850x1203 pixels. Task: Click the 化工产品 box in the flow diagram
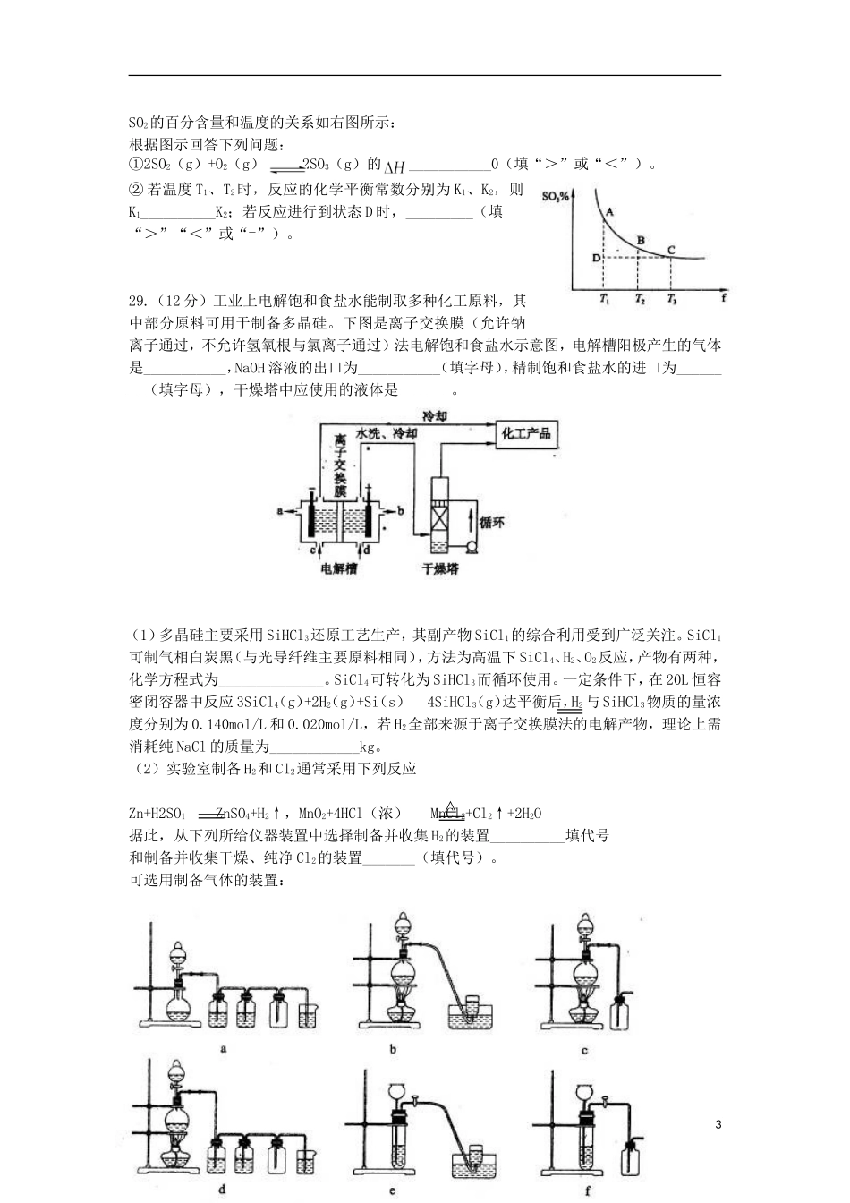526,434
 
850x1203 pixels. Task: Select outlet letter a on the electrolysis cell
281,510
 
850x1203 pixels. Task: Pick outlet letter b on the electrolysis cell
400,510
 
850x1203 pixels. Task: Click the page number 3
718,1123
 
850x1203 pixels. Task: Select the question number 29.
140,300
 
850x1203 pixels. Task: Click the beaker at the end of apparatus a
310,1014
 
